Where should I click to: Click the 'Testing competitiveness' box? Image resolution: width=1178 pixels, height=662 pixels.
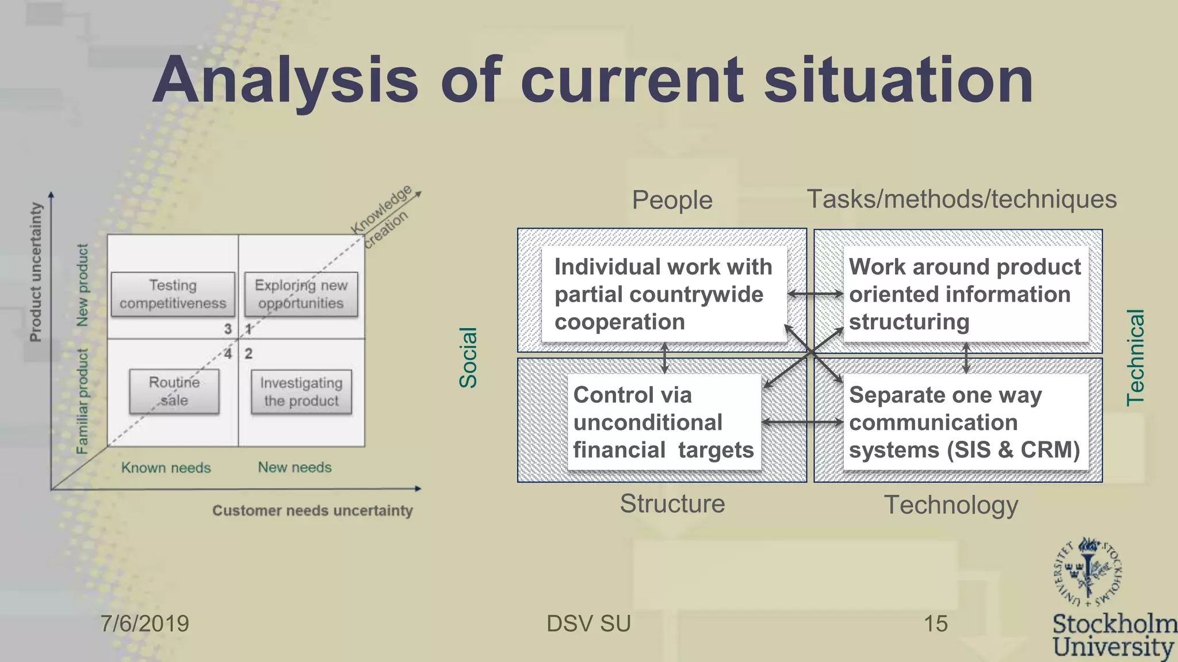pyautogui.click(x=173, y=294)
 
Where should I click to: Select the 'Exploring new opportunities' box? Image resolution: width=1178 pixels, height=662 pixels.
pyautogui.click(x=301, y=294)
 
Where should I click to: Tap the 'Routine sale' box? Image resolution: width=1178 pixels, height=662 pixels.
pyautogui.click(x=174, y=391)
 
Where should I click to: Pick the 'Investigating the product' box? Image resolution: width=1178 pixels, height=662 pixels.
pyautogui.click(x=301, y=392)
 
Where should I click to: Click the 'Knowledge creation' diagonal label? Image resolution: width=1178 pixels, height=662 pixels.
pyautogui.click(x=382, y=216)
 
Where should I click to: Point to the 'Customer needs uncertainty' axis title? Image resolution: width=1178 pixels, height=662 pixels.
pyautogui.click(x=312, y=510)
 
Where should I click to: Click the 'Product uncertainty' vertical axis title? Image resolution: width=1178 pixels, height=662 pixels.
pyautogui.click(x=36, y=272)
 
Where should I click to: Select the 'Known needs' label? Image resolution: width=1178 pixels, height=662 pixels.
pyautogui.click(x=166, y=468)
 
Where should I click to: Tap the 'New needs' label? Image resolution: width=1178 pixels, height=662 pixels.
pyautogui.click(x=294, y=467)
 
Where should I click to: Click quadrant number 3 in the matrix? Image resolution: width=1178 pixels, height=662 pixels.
pyautogui.click(x=228, y=329)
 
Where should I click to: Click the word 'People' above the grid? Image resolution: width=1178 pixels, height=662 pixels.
pyautogui.click(x=672, y=200)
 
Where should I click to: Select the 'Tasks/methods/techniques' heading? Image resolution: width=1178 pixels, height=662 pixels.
pyautogui.click(x=962, y=199)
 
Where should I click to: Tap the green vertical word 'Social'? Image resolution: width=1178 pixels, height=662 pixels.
pyautogui.click(x=468, y=357)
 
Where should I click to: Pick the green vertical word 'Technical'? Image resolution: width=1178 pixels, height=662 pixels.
pyautogui.click(x=1135, y=357)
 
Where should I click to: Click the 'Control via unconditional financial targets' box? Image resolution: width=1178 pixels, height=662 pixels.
pyautogui.click(x=663, y=422)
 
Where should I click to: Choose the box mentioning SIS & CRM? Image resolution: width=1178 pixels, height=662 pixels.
pyautogui.click(x=965, y=422)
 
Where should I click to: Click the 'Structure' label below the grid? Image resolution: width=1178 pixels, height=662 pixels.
pyautogui.click(x=672, y=503)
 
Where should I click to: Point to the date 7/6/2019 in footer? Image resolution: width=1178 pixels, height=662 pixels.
pyautogui.click(x=144, y=623)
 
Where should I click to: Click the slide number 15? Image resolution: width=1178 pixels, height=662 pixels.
pyautogui.click(x=935, y=623)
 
